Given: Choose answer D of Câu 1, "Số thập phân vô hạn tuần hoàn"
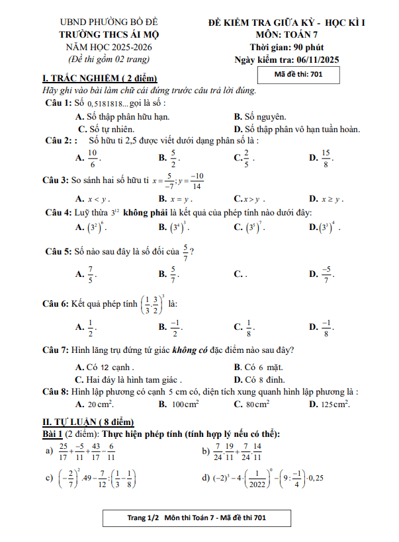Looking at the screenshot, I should [301, 129].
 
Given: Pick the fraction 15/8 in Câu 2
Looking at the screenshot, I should [326, 157].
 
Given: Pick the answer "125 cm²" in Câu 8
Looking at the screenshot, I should [333, 404].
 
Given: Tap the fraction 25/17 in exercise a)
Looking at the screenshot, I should [63, 451].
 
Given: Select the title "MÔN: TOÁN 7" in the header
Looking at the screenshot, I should [287, 33].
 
